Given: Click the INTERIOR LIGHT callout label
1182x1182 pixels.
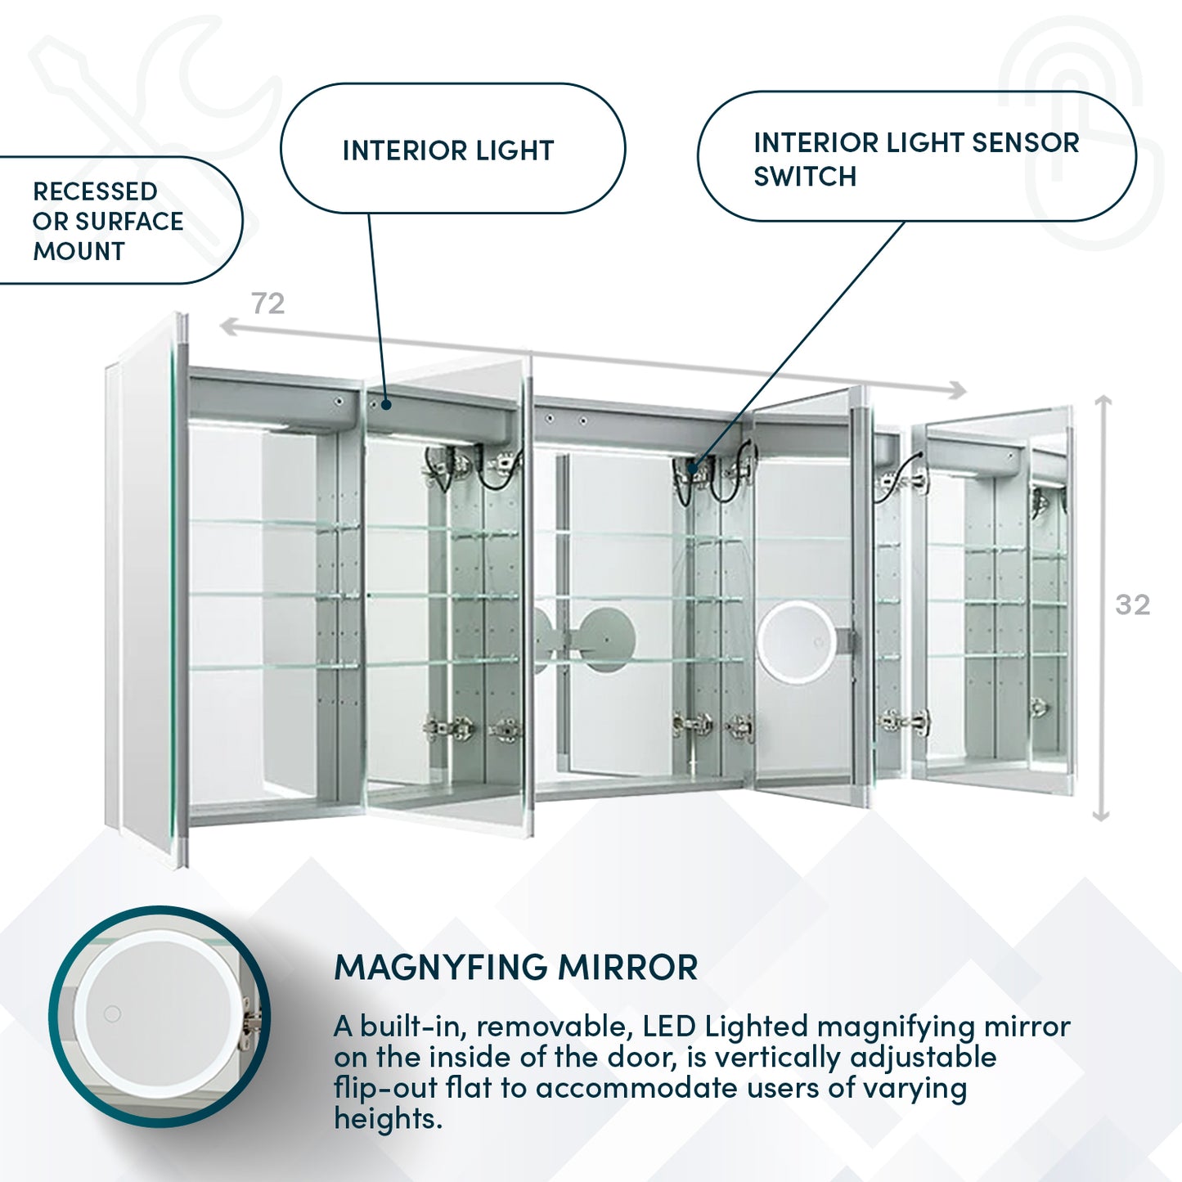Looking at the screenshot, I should click(x=448, y=151).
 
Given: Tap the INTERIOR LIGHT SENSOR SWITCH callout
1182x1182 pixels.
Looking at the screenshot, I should click(x=915, y=159).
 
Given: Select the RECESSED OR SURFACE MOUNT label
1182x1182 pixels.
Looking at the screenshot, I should click(x=107, y=221).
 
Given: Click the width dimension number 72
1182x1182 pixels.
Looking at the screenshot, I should click(x=268, y=303).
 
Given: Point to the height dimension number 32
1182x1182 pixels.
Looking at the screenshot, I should click(x=1132, y=604).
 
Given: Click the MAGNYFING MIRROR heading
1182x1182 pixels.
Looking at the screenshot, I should click(x=515, y=967).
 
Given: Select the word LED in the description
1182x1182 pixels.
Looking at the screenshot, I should click(x=668, y=1026).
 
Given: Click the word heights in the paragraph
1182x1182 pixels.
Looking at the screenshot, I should click(x=387, y=1118).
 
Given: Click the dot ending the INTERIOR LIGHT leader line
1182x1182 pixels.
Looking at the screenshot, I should click(x=386, y=403).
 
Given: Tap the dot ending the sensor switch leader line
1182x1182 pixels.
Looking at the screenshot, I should click(x=693, y=469).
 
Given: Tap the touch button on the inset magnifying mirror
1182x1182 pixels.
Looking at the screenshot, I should click(x=113, y=1014).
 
